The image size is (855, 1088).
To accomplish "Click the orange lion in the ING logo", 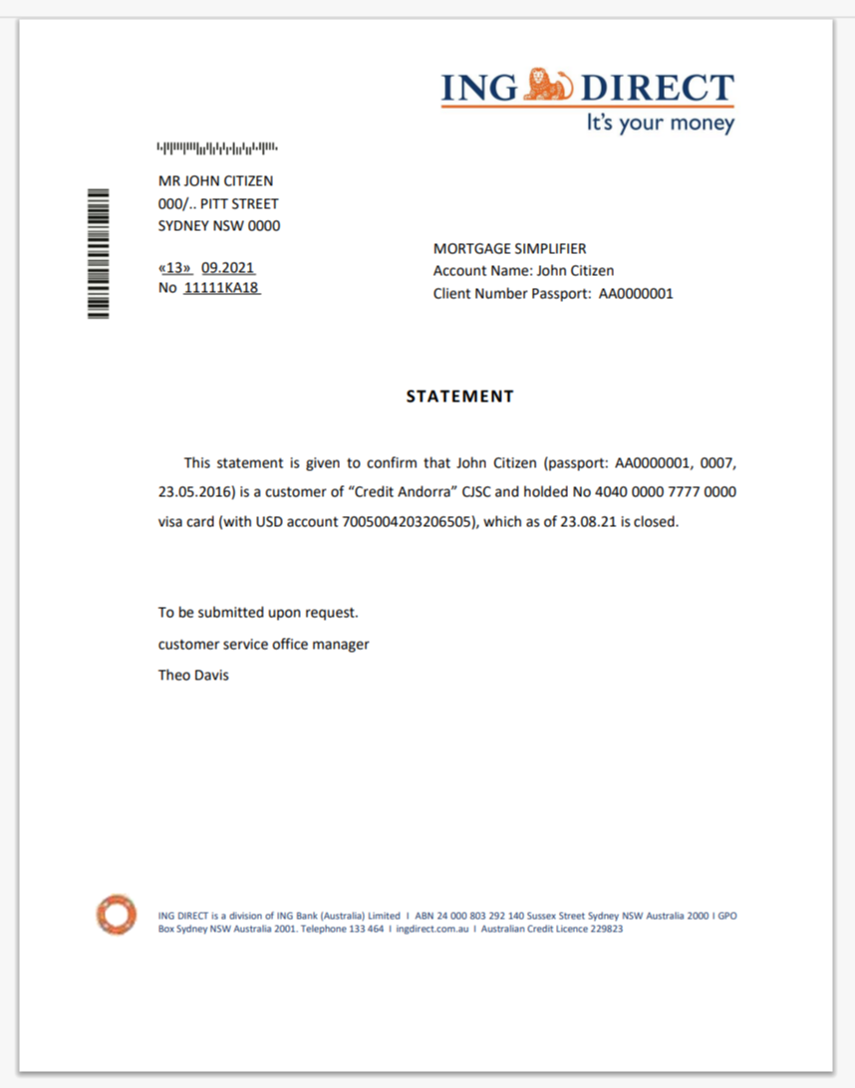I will (549, 86).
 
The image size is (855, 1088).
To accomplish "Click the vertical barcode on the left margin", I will (98, 253).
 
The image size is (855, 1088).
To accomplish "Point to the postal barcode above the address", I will (217, 149).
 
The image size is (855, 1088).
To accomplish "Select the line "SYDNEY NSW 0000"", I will (219, 226).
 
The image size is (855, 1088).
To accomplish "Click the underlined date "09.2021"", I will (228, 268).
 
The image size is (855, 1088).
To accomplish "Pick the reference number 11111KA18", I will (221, 288).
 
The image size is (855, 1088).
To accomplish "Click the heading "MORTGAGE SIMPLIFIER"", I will (510, 249).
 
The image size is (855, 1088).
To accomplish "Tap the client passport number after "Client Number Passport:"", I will (636, 294).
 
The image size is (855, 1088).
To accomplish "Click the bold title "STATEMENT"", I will (459, 397).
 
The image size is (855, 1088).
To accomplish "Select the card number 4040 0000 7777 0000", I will (671, 492).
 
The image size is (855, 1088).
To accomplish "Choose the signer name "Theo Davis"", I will (193, 676).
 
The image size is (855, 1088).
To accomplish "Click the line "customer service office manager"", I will (264, 645).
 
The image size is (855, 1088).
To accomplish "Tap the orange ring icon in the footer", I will (116, 915).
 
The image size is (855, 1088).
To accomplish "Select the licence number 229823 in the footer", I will (602, 929).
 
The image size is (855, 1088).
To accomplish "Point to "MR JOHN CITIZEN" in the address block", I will (216, 181).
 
